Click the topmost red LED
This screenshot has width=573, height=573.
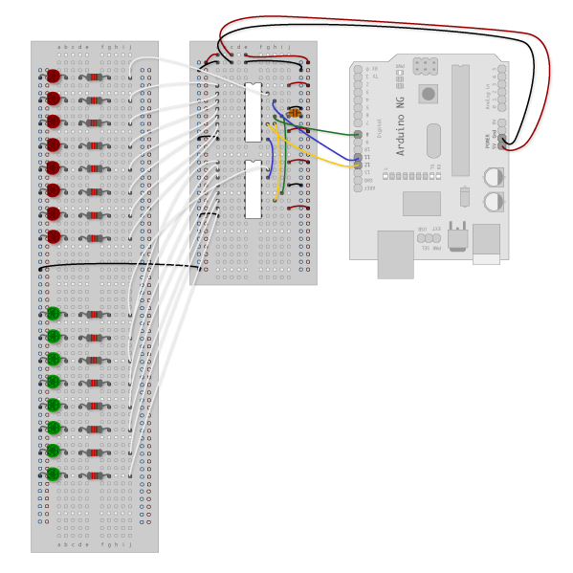pos(54,76)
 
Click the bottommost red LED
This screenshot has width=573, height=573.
pos(54,236)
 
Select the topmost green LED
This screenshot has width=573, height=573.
pos(54,314)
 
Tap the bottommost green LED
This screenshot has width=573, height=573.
pos(54,474)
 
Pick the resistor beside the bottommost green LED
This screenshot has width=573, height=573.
pos(94,474)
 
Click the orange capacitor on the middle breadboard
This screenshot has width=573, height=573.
pos(295,114)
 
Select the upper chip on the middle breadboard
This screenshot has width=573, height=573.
pos(253,112)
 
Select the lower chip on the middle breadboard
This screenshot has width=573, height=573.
pos(253,189)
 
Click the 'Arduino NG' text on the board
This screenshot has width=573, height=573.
pos(401,134)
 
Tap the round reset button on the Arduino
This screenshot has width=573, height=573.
pos(429,94)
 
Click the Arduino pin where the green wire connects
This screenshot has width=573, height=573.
pos(358,135)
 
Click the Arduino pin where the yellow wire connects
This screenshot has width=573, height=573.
pos(358,165)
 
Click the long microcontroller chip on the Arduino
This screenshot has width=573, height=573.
pos(461,120)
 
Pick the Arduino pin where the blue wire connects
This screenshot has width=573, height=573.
pos(358,156)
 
